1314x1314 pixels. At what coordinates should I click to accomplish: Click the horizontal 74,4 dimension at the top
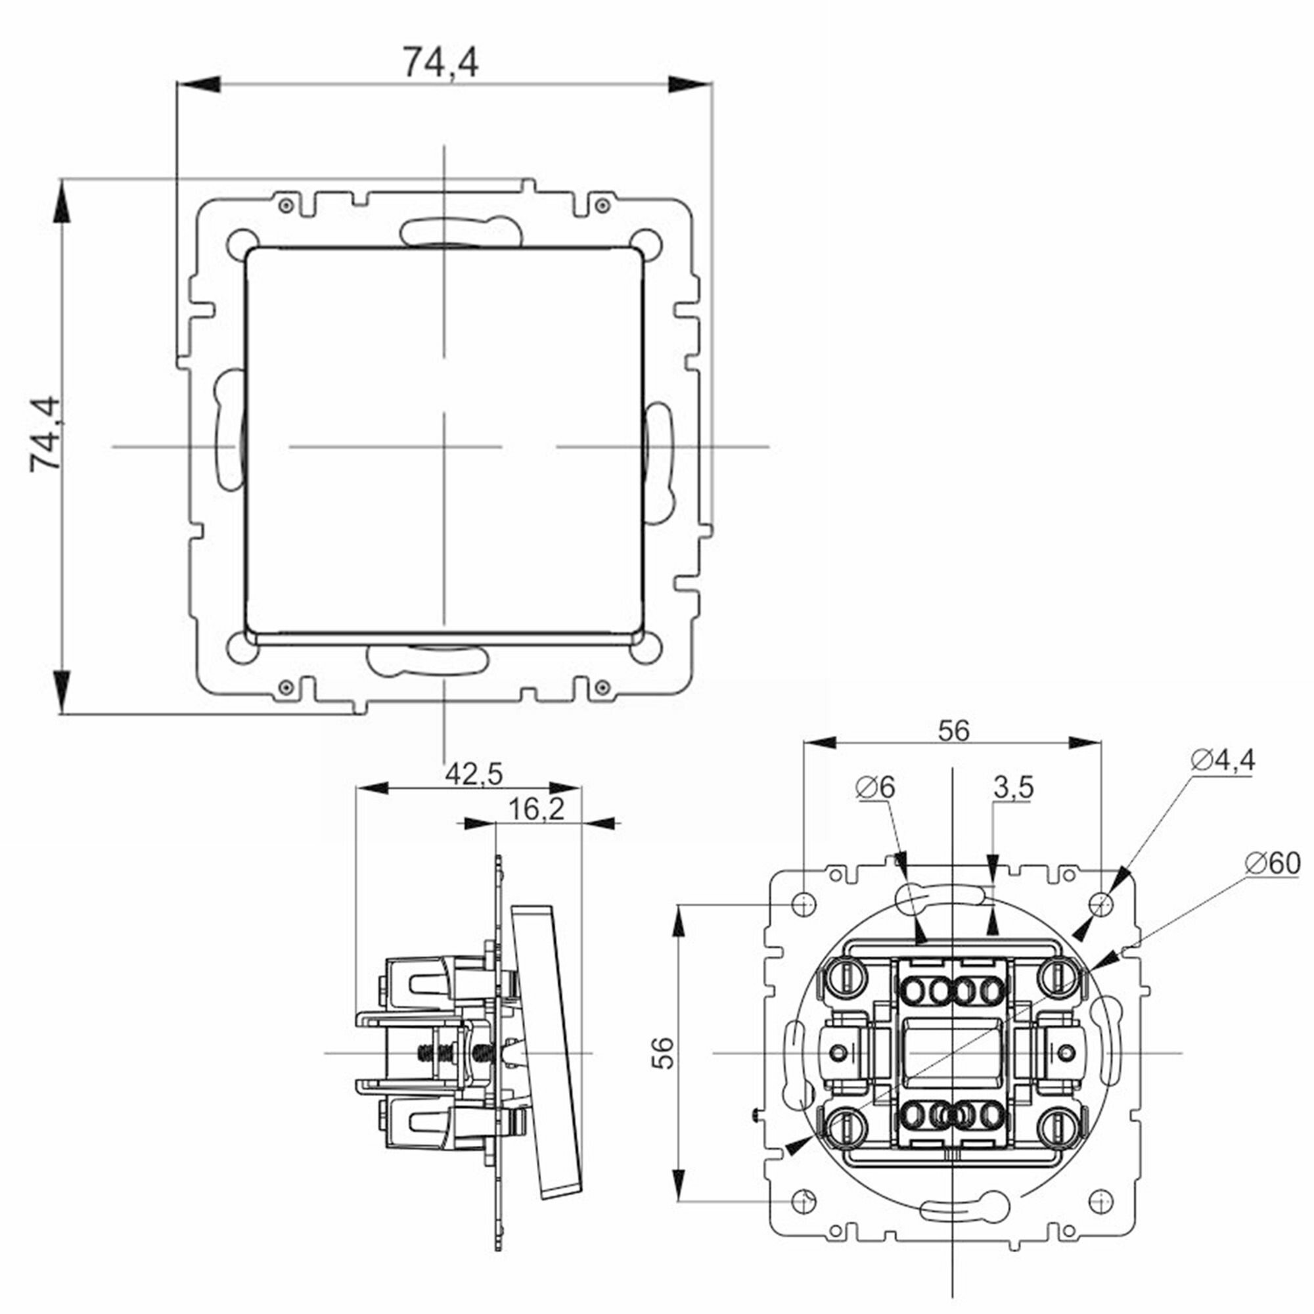pos(441,62)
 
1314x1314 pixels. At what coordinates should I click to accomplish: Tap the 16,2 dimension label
pos(536,809)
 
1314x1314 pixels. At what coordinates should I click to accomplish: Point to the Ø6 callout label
pos(876,788)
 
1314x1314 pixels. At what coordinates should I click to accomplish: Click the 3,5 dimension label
pos(1012,788)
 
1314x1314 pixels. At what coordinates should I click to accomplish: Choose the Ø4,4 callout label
pos(1223,760)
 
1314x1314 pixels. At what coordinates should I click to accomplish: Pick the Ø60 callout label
pos(1272,864)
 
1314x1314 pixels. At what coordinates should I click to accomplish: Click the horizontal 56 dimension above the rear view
pos(953,731)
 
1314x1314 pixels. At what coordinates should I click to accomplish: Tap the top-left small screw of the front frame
pos(286,205)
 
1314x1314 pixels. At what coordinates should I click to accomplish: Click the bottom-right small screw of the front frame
pos(600,688)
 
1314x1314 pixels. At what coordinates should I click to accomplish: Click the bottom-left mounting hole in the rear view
pos(804,1201)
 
